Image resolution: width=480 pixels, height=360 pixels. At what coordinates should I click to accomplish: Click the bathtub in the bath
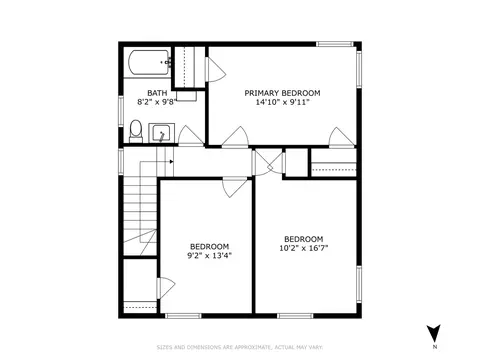coord(150,63)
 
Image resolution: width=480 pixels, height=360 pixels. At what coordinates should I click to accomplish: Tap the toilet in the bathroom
coord(135,131)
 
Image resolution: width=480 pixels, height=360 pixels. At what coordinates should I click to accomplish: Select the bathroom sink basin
coord(161,133)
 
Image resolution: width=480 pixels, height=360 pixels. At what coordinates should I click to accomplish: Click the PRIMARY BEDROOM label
coord(282,93)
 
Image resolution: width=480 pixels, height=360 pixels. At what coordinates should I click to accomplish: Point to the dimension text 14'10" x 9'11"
coord(283,102)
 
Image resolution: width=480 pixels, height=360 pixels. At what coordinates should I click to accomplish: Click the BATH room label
coord(157,93)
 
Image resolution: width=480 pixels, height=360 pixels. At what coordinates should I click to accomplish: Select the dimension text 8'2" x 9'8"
coord(156,102)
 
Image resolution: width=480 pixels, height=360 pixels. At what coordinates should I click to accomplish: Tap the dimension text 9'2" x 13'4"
coord(209,256)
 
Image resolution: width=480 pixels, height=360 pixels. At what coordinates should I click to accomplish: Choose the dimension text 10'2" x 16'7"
coord(304,248)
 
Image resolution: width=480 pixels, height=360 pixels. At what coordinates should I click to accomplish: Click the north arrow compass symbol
coord(434,333)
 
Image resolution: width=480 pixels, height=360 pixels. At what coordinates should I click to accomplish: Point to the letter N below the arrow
coord(435,347)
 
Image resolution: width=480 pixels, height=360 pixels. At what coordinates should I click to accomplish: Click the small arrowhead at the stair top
coord(171,162)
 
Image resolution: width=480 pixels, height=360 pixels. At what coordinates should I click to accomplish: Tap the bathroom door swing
coord(191,136)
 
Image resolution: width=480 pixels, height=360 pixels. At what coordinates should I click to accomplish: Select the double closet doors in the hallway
coord(268,163)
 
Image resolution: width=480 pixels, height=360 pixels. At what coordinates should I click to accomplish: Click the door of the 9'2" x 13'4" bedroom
coord(235,188)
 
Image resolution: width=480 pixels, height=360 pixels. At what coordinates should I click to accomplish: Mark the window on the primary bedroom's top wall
coord(335,44)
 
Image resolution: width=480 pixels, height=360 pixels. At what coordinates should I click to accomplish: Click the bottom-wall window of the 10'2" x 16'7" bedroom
coord(295,316)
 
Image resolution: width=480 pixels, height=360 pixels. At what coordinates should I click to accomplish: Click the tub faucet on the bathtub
coord(168,62)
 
